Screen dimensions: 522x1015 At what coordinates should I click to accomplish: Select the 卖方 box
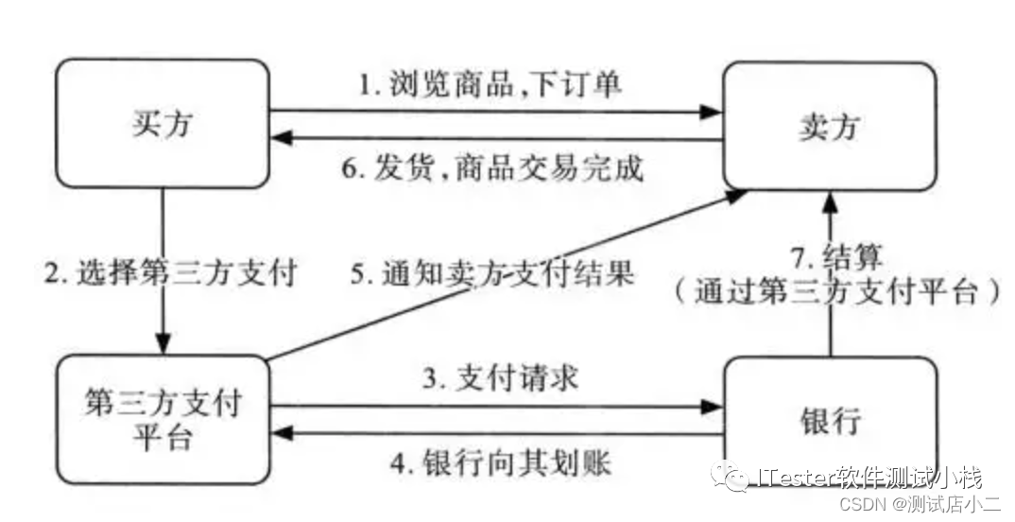(829, 127)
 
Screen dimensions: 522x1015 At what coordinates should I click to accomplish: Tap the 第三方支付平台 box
(162, 419)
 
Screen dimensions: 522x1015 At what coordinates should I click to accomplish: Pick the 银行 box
(830, 419)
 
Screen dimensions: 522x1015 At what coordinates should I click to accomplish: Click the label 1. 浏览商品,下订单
(490, 84)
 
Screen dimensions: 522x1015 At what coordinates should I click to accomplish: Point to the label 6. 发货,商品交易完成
(492, 167)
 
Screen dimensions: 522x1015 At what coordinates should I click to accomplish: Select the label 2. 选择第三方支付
(171, 273)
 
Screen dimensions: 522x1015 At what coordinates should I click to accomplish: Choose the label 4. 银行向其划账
(501, 462)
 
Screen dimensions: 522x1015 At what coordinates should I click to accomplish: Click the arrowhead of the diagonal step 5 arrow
(736, 195)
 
